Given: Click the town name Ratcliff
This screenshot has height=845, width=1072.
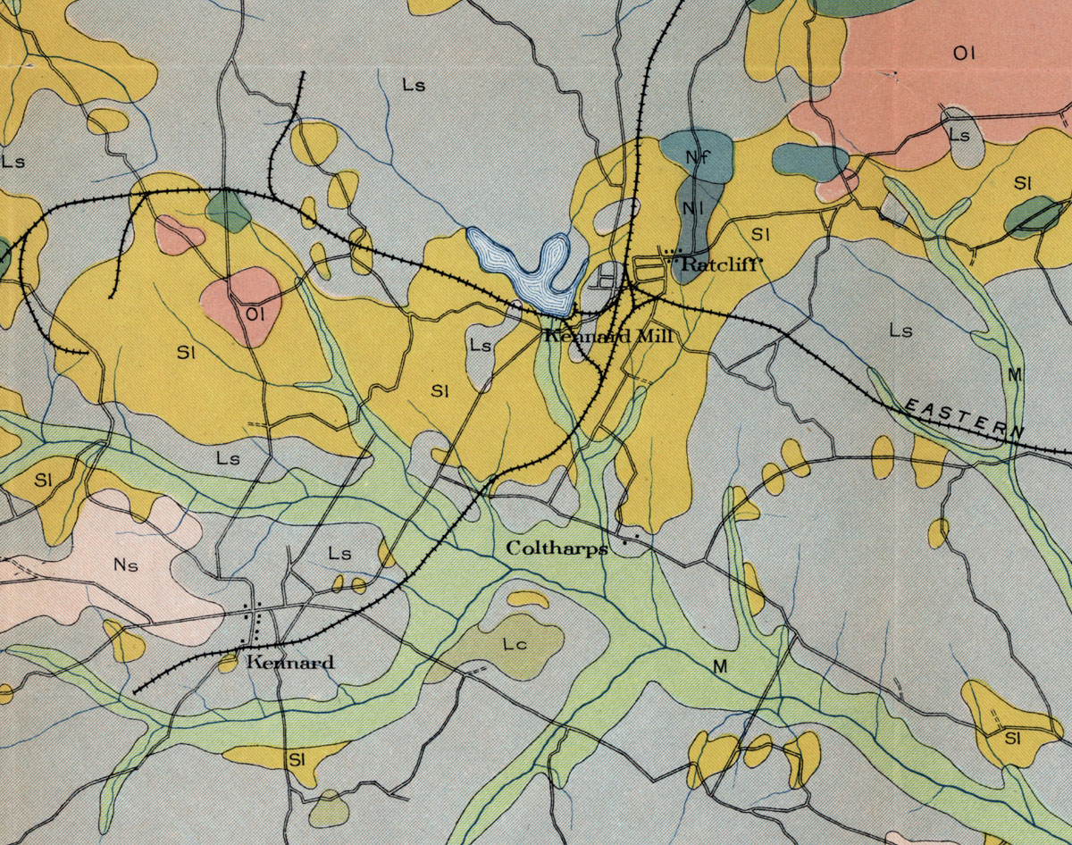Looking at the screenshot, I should (712, 264).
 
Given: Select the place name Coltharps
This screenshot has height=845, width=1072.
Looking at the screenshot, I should (557, 548).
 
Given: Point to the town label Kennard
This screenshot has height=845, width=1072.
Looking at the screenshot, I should (290, 662).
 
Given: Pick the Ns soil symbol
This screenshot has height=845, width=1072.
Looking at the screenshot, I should (126, 565).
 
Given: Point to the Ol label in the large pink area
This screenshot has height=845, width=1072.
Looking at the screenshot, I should (963, 54).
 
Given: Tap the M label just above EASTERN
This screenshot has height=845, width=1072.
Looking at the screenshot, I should (1013, 374).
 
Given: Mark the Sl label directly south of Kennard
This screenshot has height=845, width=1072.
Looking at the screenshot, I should (297, 760).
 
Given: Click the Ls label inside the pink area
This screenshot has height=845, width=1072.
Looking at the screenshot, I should (959, 135).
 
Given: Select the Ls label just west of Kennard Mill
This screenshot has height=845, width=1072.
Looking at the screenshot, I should (481, 346).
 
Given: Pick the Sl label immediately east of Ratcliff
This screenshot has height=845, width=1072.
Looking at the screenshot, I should (761, 235).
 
